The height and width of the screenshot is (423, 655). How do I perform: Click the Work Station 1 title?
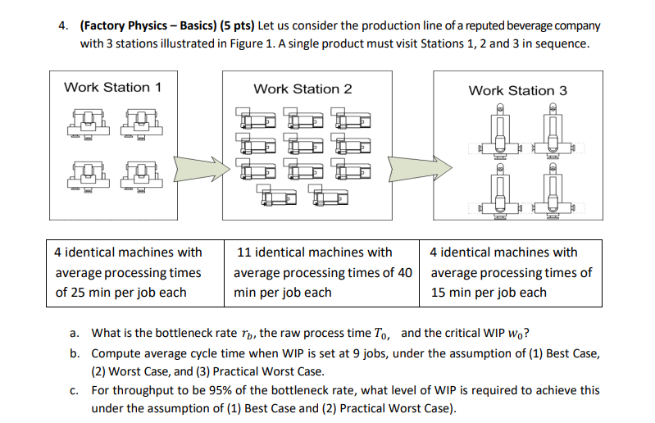coord(112,87)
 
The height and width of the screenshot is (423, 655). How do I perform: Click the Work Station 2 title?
coord(302,89)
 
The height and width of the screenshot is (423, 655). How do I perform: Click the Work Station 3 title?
coord(517,90)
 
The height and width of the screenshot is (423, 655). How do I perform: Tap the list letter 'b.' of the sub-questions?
coord(75,352)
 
